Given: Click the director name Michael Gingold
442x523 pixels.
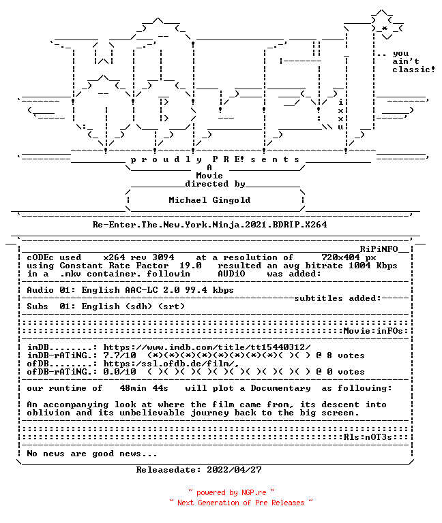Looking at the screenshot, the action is (209, 200).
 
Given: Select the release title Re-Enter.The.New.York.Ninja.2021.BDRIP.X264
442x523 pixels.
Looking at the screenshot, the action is (209, 225).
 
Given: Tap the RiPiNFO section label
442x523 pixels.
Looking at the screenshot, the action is (379, 249).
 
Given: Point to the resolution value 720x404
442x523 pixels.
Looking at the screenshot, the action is (340, 257).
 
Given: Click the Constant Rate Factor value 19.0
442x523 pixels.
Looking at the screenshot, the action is (190, 266).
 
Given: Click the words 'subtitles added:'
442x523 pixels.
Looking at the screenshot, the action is (338, 298).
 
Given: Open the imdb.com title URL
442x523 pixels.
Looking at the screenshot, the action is (207, 347).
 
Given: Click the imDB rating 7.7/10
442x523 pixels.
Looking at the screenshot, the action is (119, 355).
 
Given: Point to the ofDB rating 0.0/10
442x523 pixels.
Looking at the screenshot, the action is (119, 372).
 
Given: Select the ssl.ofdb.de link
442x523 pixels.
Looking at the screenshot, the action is (171, 364).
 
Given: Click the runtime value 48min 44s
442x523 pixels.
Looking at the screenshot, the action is (144, 388).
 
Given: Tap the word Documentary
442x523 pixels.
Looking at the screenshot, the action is (280, 388).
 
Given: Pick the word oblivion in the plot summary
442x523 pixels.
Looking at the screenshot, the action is (48, 413).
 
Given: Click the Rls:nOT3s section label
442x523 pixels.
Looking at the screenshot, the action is (368, 437).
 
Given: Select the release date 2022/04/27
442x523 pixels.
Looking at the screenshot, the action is (234, 470).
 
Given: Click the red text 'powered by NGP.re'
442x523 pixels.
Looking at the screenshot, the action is (231, 492).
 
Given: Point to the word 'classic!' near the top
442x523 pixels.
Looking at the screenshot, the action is (413, 69).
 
